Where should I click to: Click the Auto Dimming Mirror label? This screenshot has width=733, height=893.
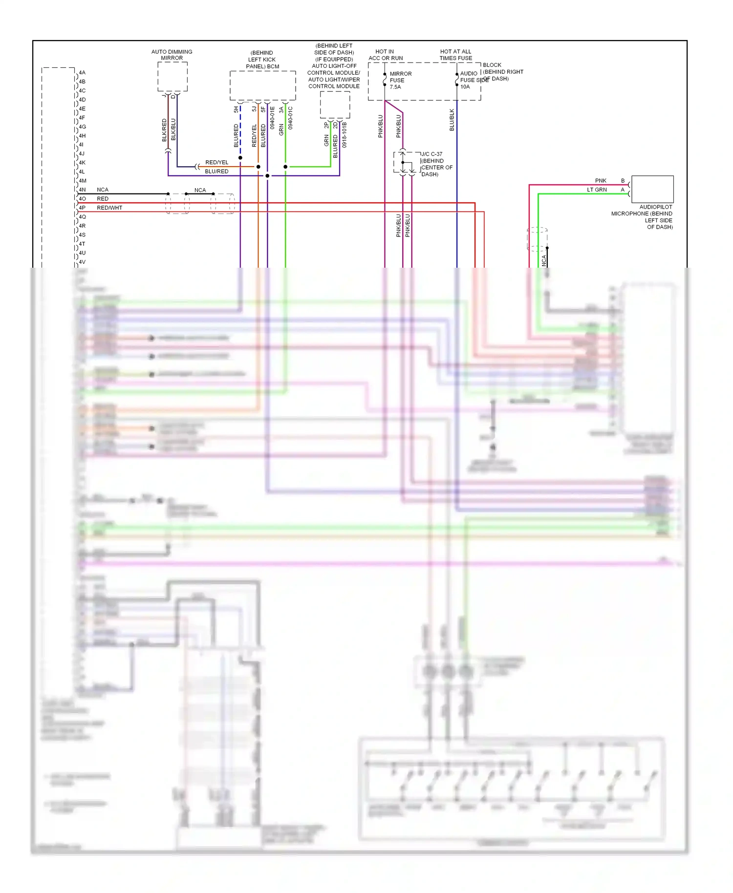coord(172,55)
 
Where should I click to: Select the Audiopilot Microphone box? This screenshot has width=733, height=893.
coord(652,189)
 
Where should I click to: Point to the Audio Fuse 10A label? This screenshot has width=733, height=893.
coord(469,80)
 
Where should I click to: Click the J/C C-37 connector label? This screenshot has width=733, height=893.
coord(431,154)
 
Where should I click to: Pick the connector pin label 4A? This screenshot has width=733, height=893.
coord(82,73)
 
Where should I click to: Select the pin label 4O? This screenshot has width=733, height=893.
coord(82,199)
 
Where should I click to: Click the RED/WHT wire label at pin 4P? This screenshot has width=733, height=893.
coord(109,208)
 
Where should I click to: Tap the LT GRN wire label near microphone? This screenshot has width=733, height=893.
coord(597,190)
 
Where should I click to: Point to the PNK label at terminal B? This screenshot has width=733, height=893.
coord(601,181)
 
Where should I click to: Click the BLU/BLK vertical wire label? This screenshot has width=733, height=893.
coord(452,120)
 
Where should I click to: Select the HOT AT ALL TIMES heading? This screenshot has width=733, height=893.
coord(455,55)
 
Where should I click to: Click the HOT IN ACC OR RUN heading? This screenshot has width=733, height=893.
coord(386,55)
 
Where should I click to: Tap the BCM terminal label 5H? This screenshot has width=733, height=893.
coord(236,109)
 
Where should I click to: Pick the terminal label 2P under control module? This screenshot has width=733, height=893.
coord(326,126)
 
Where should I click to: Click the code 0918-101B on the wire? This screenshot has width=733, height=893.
coord(344,135)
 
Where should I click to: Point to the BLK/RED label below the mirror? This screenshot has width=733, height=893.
coord(164,130)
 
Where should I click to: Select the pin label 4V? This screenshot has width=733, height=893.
coord(82,262)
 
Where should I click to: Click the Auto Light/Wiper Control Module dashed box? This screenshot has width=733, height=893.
coord(335,105)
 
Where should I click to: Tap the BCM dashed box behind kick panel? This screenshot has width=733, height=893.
coord(262,85)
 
